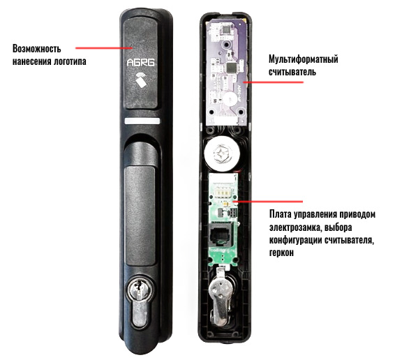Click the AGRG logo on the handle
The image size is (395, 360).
click(140, 63)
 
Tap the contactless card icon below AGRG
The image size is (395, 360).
click(142, 80)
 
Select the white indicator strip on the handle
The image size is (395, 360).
click(142, 121)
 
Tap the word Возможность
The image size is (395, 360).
click(37, 49)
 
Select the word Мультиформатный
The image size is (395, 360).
click(304, 60)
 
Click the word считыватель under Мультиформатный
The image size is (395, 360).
click(292, 73)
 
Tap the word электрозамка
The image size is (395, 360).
click(295, 227)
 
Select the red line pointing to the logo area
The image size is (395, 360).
click(104, 47)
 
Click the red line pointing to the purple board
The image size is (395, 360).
click(273, 82)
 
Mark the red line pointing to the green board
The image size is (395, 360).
click(268, 202)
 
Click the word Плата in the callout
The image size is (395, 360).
click(280, 215)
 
